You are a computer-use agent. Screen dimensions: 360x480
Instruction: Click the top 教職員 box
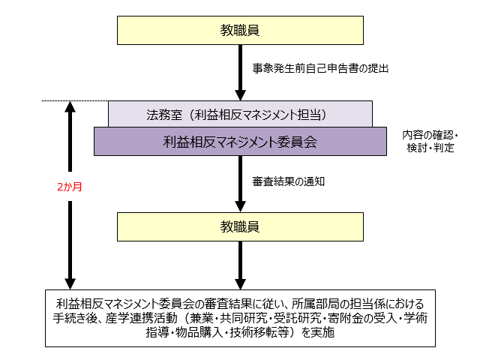pos(240,31)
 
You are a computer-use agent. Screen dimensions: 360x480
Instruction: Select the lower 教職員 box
pos(240,225)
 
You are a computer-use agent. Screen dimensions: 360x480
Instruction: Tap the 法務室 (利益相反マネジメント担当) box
pos(240,115)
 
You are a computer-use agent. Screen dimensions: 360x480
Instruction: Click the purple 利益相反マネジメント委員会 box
pos(240,140)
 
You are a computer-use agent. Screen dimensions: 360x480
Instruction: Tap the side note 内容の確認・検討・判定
pos(429,141)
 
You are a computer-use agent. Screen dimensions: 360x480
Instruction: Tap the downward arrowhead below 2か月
pos(69,280)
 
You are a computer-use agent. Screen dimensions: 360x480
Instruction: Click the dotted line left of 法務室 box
pos(74,100)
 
